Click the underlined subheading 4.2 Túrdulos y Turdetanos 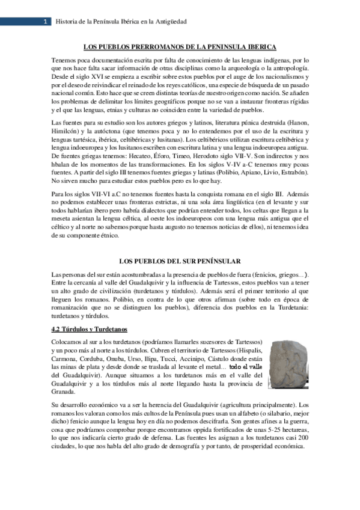89,329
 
